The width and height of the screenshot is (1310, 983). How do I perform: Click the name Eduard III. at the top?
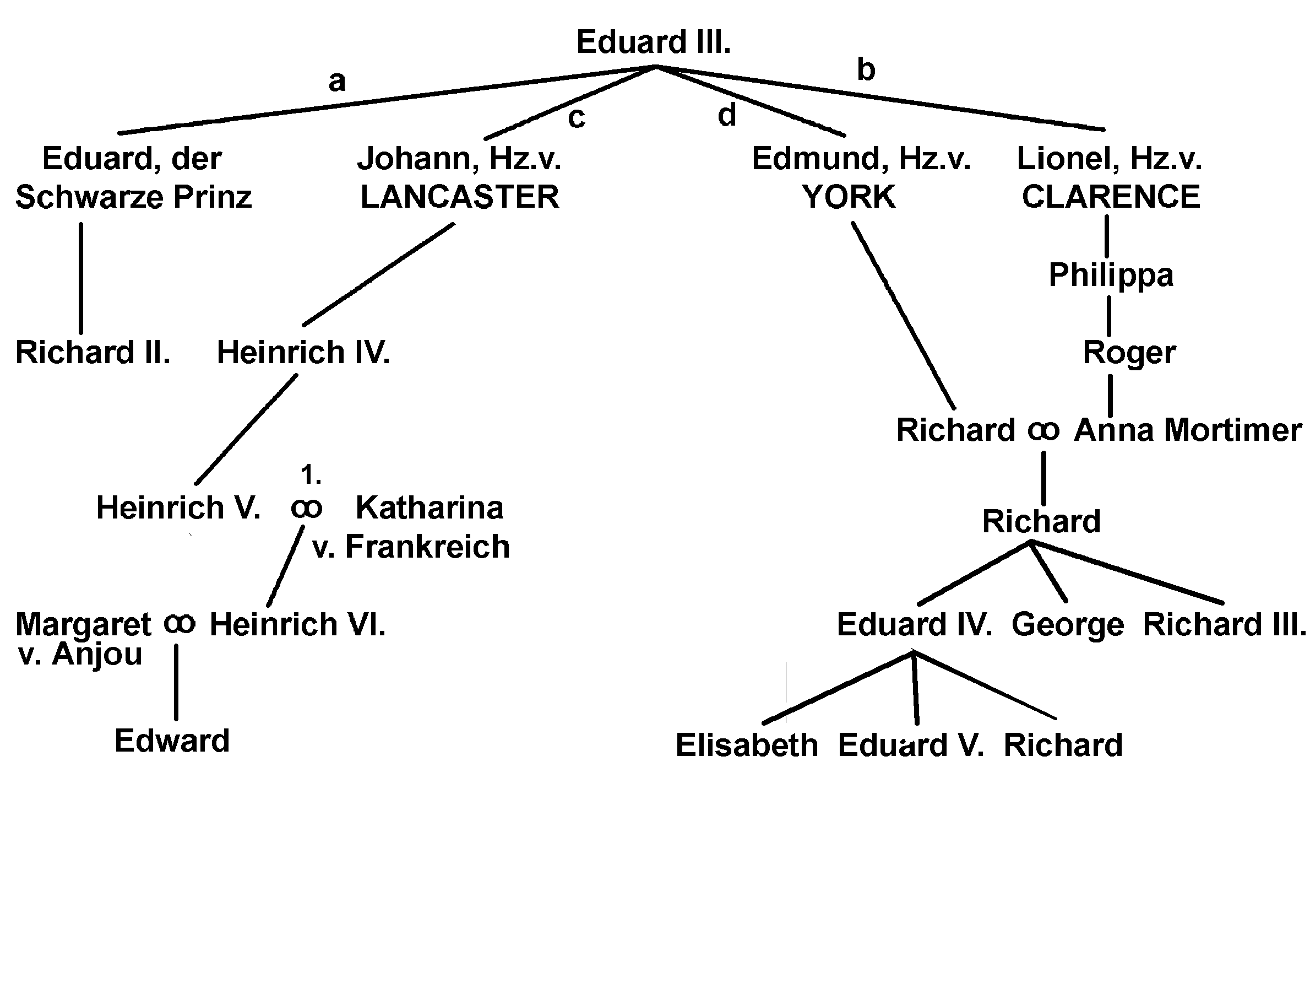coord(653,42)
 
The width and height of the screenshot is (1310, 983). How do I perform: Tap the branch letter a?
coord(337,81)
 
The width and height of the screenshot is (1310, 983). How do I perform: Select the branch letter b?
coord(866,70)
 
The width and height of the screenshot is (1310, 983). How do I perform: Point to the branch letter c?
coord(576,117)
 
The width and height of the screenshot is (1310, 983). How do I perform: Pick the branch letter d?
coord(727,115)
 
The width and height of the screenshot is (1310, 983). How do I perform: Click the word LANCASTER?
coord(460,197)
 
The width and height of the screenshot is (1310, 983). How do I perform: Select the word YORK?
coord(849,197)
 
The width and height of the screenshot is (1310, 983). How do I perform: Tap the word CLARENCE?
coord(1111,197)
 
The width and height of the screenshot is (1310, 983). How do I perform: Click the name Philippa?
coord(1111,275)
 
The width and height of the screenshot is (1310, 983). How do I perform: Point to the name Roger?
coord(1129,353)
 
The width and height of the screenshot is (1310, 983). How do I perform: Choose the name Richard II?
coord(93,353)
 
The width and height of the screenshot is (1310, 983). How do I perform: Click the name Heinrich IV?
coord(303,353)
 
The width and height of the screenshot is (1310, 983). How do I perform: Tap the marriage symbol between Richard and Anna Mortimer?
coord(1043,430)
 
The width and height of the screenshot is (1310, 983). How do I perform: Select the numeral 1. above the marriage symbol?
coord(311,474)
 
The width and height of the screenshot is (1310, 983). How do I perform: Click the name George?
coord(1067,625)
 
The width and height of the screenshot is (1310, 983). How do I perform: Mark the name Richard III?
coord(1224,624)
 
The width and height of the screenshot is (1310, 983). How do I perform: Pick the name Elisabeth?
coord(747,746)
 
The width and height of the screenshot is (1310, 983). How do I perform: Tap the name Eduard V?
coord(911,746)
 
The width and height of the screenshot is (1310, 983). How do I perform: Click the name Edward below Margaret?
coord(172,741)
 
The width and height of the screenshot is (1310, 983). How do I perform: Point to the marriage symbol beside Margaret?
coord(180,623)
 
